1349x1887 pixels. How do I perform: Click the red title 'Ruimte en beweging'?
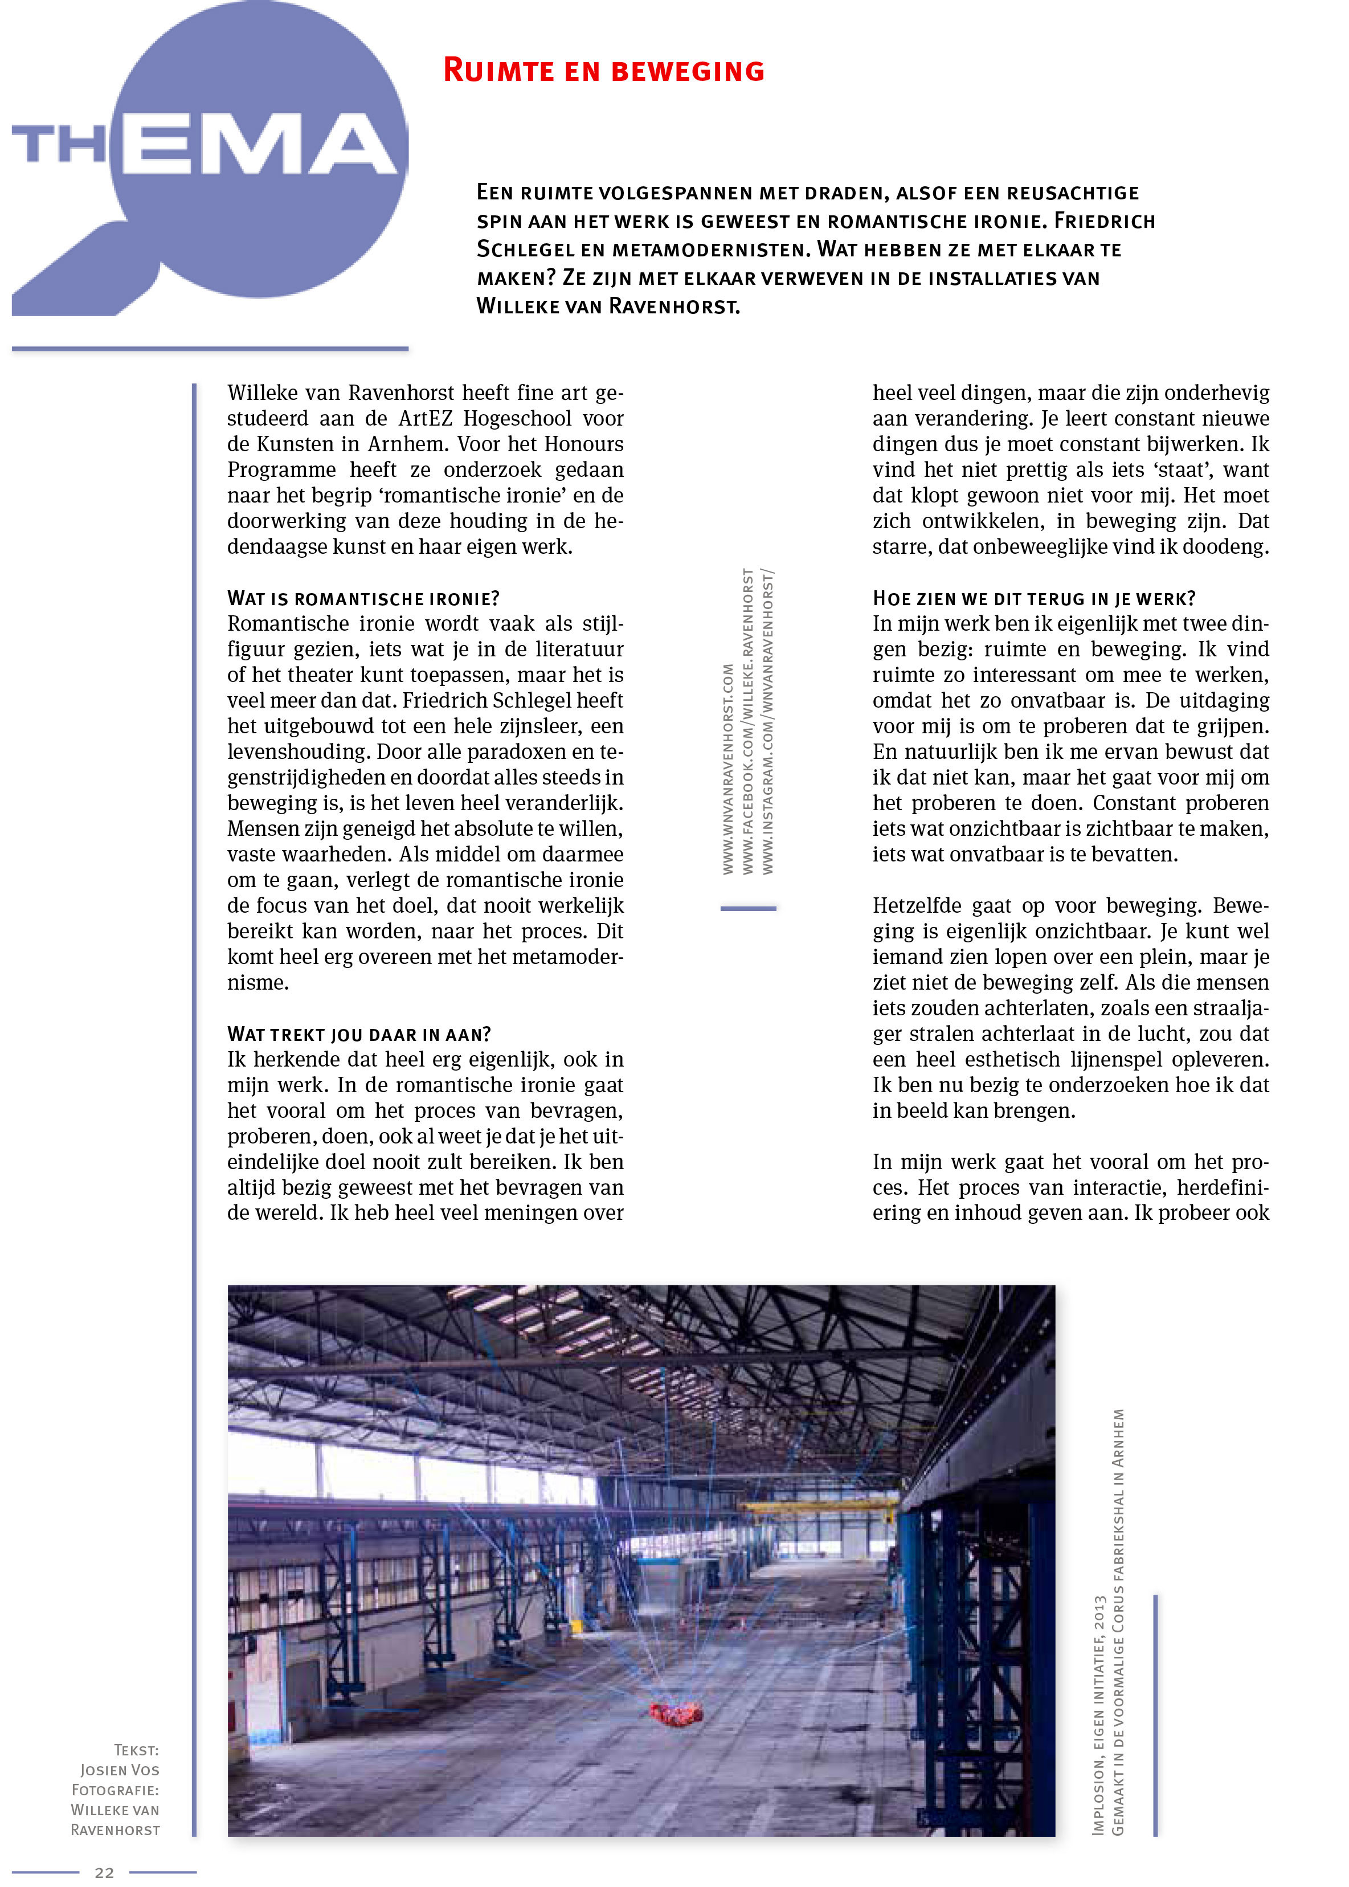point(604,71)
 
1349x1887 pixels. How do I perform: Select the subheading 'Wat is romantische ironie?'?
point(363,598)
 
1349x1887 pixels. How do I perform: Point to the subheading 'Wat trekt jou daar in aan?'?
point(359,1034)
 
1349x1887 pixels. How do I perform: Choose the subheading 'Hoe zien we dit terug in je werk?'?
point(1033,598)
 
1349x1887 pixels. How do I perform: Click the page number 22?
point(105,1872)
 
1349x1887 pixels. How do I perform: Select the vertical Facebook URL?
point(747,721)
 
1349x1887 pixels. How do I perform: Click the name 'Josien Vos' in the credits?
point(120,1770)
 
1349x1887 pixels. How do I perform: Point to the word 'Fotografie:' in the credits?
point(115,1790)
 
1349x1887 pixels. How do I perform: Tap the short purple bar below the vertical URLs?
point(747,909)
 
